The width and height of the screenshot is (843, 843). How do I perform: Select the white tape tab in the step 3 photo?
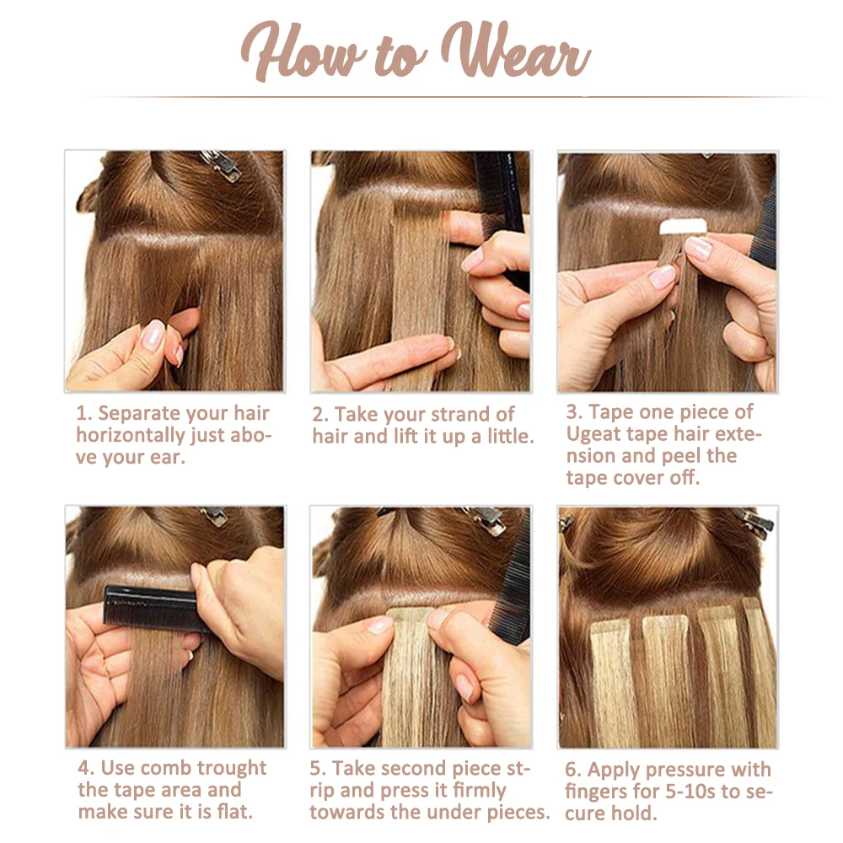[683, 226]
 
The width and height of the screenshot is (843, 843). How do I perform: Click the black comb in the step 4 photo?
[154, 608]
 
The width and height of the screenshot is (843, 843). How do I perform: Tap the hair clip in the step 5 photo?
[486, 519]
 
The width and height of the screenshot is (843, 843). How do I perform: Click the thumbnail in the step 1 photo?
[153, 334]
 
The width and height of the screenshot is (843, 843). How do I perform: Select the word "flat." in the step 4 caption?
[235, 811]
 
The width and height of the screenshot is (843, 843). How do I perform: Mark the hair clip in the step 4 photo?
[214, 515]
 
